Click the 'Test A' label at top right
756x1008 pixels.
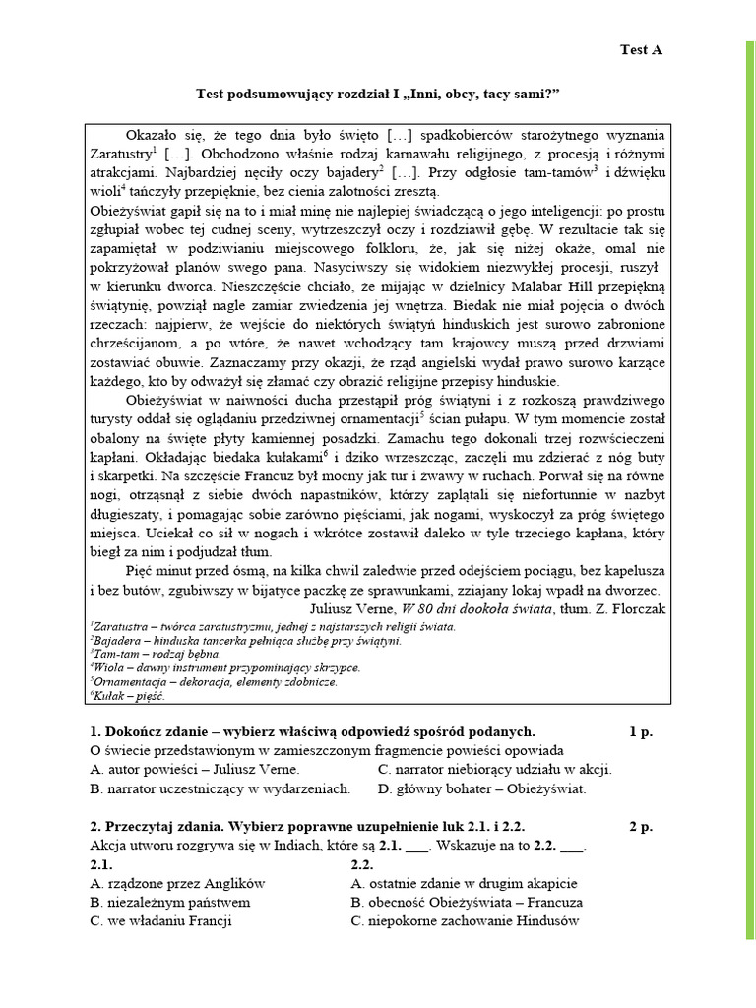pyautogui.click(x=640, y=50)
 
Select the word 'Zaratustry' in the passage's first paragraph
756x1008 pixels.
pyautogui.click(x=121, y=154)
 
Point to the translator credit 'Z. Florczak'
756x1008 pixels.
pyautogui.click(x=629, y=608)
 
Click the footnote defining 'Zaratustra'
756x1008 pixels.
pyautogui.click(x=273, y=626)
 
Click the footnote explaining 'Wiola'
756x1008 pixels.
pyautogui.click(x=224, y=667)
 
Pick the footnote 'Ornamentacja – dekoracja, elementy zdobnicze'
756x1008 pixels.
pyautogui.click(x=214, y=681)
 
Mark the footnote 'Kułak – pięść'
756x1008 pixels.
pyautogui.click(x=128, y=695)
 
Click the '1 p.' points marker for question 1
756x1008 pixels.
pyautogui.click(x=640, y=731)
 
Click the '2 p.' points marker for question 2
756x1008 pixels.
pyautogui.click(x=640, y=827)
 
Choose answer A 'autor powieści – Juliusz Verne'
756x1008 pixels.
pyautogui.click(x=195, y=770)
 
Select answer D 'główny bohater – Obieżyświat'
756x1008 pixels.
pyautogui.click(x=481, y=788)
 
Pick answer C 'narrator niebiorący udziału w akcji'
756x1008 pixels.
pyautogui.click(x=494, y=770)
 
